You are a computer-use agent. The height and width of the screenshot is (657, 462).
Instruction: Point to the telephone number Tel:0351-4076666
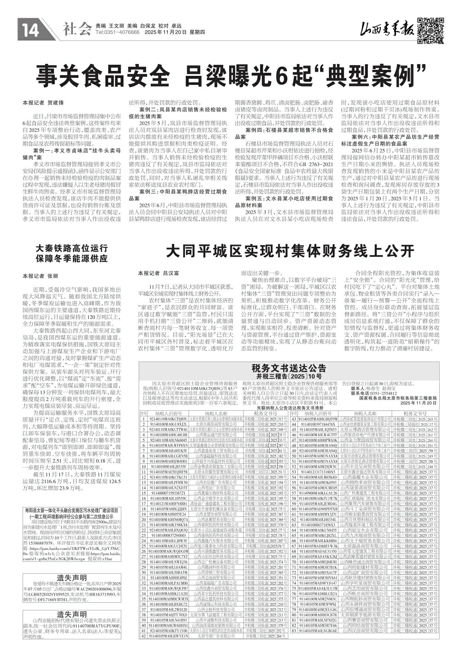[x=117, y=33]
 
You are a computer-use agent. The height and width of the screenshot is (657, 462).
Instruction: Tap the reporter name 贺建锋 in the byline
[x=55, y=102]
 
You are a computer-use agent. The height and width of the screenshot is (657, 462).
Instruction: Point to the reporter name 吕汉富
[x=171, y=273]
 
